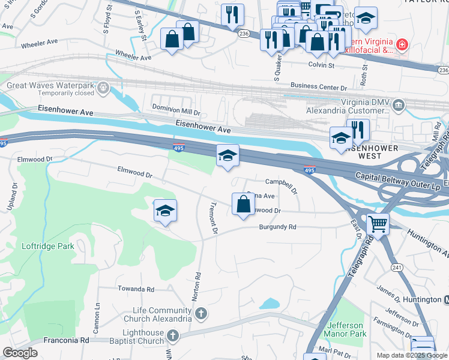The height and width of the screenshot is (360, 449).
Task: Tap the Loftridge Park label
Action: click(47, 246)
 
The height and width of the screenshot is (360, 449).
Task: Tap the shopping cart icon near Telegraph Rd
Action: click(378, 224)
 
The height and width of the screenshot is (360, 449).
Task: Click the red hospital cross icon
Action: click(401, 44)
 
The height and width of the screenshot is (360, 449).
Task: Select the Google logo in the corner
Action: click(20, 353)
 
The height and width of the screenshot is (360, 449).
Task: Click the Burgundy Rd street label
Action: click(278, 227)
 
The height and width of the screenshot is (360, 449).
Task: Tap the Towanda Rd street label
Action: click(137, 289)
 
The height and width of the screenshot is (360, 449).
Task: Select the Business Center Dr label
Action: click(319, 86)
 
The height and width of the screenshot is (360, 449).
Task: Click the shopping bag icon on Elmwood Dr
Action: click(243, 204)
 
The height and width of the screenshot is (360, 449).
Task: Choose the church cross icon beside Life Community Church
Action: click(201, 313)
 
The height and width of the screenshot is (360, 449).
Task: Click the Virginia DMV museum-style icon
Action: click(398, 106)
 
